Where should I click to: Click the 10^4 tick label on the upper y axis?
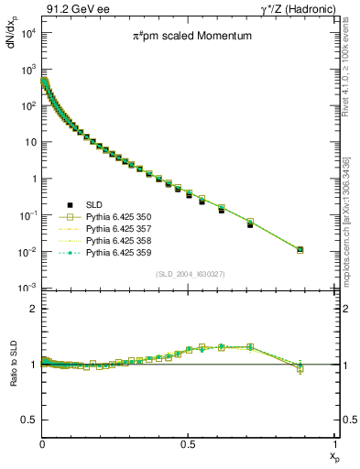(x=27, y=33)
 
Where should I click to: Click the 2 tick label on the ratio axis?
(x=34, y=309)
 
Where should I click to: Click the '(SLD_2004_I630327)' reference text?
(x=189, y=274)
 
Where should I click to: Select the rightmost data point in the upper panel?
(x=300, y=249)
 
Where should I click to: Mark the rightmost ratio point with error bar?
(x=300, y=368)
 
